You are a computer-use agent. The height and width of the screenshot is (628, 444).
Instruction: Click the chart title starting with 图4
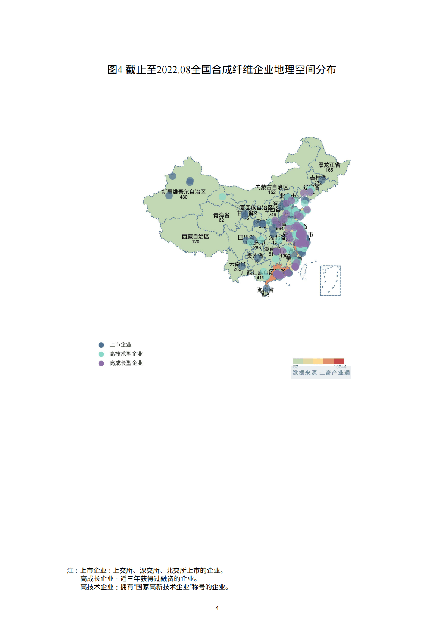[x=222, y=70]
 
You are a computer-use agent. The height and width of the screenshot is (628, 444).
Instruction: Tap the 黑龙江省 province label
[x=329, y=165]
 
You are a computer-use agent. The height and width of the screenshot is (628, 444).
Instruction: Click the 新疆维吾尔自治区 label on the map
[x=184, y=192]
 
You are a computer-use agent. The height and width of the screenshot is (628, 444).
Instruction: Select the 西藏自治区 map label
[x=195, y=237]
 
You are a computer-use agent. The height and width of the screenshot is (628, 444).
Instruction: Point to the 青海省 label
[x=221, y=215]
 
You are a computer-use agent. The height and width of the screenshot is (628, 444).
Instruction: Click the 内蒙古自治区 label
[x=272, y=187]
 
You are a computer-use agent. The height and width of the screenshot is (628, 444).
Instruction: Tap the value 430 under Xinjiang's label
[x=184, y=197]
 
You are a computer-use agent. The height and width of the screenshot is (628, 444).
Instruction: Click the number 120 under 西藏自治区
[x=196, y=242]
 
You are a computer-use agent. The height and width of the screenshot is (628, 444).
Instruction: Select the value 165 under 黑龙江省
[x=329, y=170]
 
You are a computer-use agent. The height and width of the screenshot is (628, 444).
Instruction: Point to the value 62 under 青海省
[x=221, y=220]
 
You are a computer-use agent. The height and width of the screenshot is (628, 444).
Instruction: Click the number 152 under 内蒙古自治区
[x=272, y=193]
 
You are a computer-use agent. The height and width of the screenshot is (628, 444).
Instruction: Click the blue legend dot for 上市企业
[x=101, y=345]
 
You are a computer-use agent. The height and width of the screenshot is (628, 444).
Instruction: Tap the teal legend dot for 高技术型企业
[x=101, y=354]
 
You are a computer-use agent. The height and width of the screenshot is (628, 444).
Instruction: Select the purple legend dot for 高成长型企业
[x=101, y=363]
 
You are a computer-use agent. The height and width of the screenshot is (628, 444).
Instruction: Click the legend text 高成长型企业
[x=126, y=363]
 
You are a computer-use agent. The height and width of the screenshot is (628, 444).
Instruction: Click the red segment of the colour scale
[x=338, y=361]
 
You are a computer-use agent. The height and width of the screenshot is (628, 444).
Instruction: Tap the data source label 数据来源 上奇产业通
[x=321, y=373]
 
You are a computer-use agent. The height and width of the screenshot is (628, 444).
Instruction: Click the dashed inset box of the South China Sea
[x=331, y=281]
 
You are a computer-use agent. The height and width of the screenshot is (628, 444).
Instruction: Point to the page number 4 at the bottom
[x=217, y=608]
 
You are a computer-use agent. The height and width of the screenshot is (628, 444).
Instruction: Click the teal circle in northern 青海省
[x=222, y=196]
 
